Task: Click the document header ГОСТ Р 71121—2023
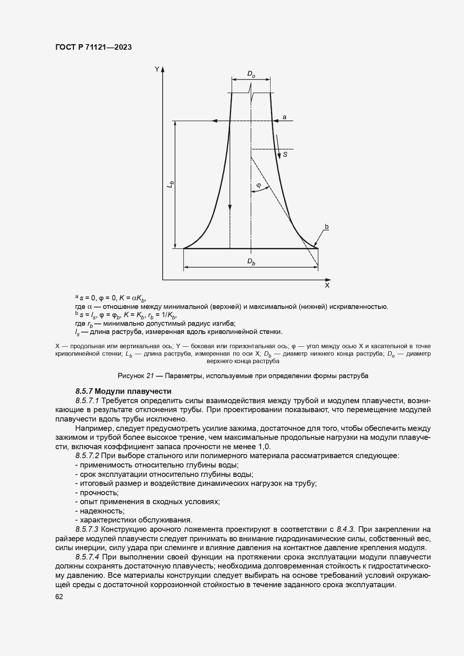pos(93,47)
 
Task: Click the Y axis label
pos(157,69)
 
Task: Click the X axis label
pos(327,285)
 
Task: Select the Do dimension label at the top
pos(251,74)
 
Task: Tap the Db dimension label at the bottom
pos(251,262)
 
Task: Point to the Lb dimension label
pos(171,184)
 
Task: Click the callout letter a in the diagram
pos(284,117)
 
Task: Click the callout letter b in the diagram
pos(326,227)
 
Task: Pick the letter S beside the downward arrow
pos(285,154)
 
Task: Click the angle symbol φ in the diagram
pos(258,185)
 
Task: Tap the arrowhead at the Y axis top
pos(163,69)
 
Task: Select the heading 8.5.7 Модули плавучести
pos(123,391)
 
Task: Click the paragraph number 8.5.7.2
pos(87,456)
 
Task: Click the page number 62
pos(59,597)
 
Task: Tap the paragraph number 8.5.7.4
pos(87,557)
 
